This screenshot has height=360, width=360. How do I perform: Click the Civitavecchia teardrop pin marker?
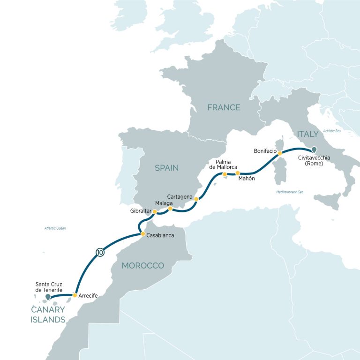click(314, 150)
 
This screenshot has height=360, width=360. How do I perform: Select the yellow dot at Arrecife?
click(75, 295)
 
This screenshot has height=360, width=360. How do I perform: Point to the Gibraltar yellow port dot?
click(155, 211)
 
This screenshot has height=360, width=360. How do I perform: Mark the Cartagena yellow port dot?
click(196, 199)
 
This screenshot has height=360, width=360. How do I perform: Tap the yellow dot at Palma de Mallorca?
click(225, 174)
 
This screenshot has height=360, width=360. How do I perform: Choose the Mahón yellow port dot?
click(238, 173)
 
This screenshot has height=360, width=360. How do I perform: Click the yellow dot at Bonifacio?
click(280, 153)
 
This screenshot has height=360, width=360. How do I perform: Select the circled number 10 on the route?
click(99, 252)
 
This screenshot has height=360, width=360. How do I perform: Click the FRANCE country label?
click(224, 107)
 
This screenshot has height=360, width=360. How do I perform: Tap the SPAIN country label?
click(166, 167)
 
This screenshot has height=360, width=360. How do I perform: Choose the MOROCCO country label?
click(143, 266)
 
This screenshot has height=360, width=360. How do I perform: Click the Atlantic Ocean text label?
click(55, 228)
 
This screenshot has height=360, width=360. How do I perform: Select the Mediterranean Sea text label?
click(290, 192)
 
